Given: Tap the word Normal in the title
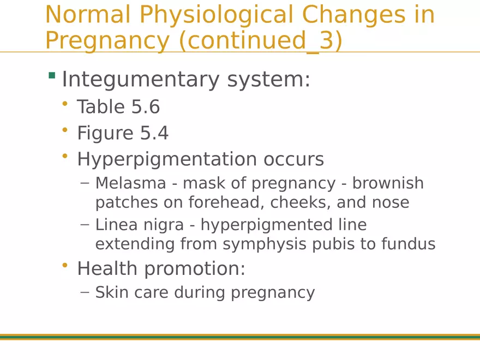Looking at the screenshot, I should tap(88, 15).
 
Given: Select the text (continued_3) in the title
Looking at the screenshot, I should tap(260, 41).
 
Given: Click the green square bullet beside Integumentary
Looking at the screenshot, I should tap(52, 75).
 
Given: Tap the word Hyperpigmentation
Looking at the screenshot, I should tap(167, 159).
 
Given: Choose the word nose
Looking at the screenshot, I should tap(391, 202).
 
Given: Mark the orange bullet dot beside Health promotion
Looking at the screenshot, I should tap(65, 266).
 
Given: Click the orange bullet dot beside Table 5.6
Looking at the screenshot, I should tap(65, 104).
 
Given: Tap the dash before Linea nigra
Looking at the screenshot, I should tap(84, 224).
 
